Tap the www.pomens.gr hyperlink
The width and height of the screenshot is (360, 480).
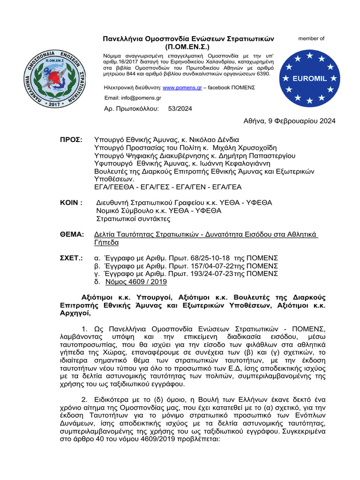(176, 88)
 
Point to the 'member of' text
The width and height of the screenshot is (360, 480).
(311, 38)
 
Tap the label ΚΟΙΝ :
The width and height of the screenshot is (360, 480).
(71, 202)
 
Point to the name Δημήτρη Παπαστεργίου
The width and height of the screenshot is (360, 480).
(256, 157)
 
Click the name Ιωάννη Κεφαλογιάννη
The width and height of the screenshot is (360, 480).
(252, 165)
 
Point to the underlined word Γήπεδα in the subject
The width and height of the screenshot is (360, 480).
(106, 242)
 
